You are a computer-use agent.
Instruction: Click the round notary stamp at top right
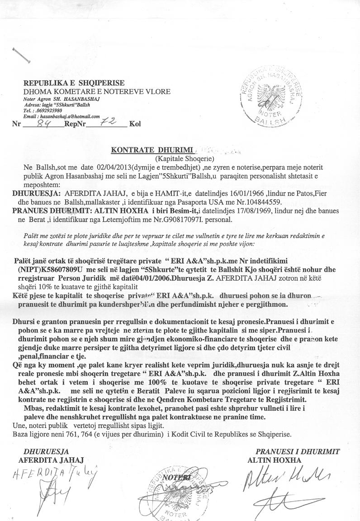coord(269,97)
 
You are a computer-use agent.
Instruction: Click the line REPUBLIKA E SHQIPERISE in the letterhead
coord(74,83)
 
